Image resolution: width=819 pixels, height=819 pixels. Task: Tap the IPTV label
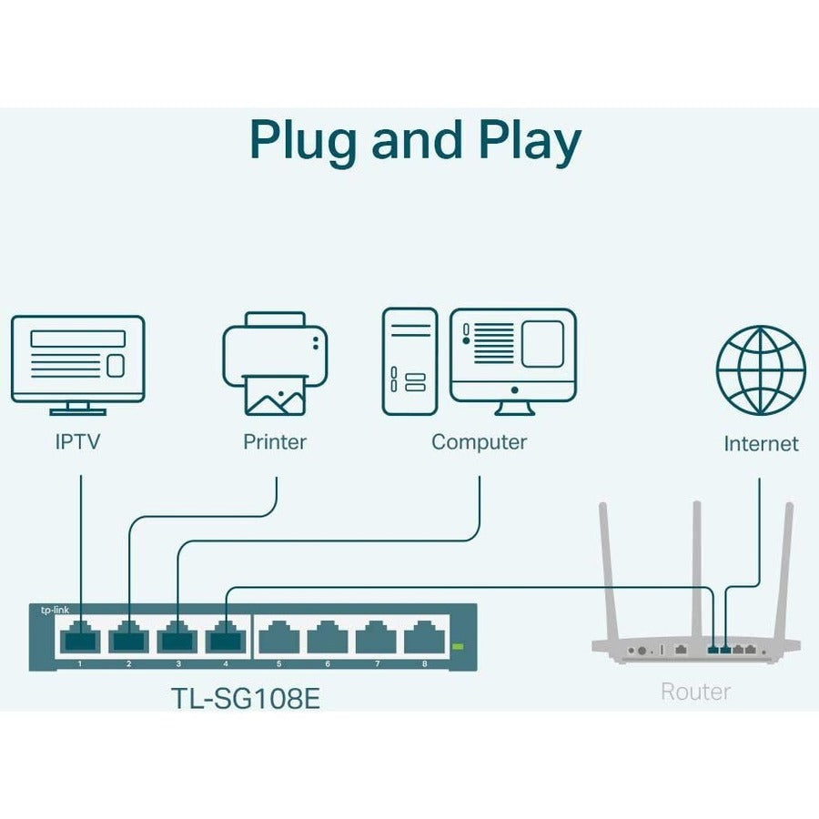click(x=77, y=443)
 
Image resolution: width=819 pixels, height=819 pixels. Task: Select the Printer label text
click(x=275, y=442)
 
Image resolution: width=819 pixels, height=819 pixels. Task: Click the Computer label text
click(x=479, y=442)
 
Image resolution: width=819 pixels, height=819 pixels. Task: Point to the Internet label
click(x=761, y=443)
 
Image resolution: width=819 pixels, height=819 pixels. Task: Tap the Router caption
click(x=695, y=692)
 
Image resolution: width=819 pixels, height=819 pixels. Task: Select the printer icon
click(x=275, y=363)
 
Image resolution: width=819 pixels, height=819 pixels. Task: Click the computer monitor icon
click(x=513, y=356)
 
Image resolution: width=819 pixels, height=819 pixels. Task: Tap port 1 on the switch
click(x=79, y=639)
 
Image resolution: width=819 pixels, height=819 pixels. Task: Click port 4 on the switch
click(x=226, y=639)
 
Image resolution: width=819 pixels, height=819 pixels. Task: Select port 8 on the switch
click(x=424, y=641)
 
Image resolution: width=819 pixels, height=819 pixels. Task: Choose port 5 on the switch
click(x=278, y=641)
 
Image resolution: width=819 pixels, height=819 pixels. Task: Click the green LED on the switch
click(x=458, y=647)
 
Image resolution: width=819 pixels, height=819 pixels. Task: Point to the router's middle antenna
click(x=696, y=564)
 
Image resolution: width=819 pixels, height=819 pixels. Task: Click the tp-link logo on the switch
click(x=55, y=611)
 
